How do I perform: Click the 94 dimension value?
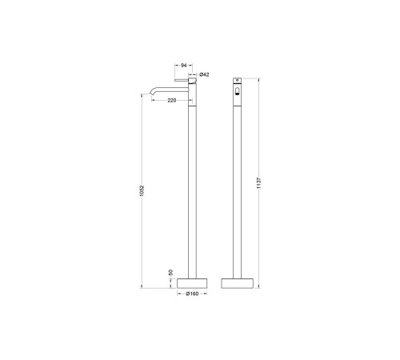tap(184, 66)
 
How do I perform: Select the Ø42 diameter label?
tap(204, 74)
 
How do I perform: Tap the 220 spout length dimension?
tap(172, 100)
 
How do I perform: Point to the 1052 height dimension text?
tap(142, 191)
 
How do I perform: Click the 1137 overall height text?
tap(259, 183)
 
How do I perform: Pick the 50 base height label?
tap(171, 273)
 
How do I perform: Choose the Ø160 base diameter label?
tap(192, 294)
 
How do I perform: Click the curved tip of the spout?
tap(151, 93)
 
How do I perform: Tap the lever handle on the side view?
tap(182, 80)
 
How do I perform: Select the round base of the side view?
tap(192, 283)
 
